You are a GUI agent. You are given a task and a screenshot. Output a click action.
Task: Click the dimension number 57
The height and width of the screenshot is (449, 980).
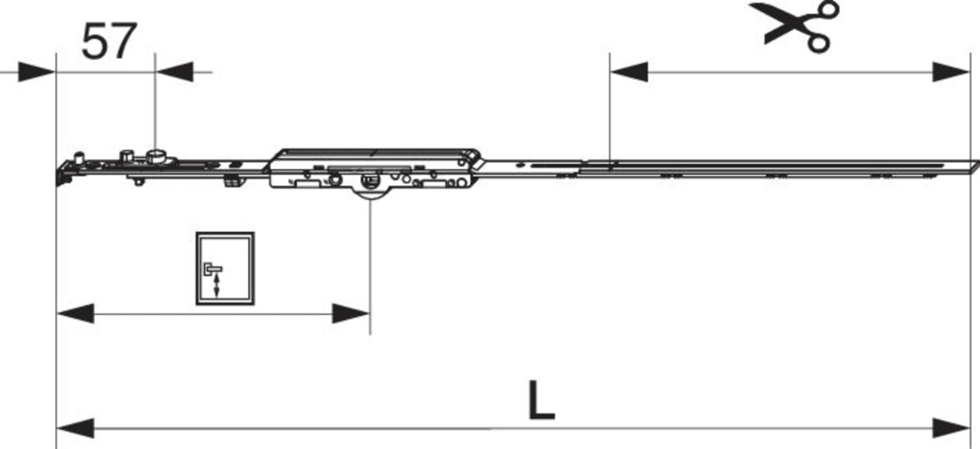coord(109,41)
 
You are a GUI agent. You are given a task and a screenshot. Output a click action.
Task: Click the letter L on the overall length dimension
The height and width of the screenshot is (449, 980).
coord(541,399)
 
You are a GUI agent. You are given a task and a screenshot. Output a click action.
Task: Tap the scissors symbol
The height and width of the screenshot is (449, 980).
coord(795,25)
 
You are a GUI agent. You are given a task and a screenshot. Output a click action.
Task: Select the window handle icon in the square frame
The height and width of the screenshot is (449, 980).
coord(225,268)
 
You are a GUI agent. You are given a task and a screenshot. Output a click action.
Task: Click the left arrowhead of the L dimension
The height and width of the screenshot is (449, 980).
coord(75,428)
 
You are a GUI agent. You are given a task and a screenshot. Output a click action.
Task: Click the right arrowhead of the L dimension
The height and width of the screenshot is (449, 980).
coord(951,428)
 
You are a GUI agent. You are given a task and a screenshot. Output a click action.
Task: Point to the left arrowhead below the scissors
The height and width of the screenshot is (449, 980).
coord(629,72)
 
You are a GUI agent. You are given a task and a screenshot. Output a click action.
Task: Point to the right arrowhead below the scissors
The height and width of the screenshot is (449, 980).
coord(951,72)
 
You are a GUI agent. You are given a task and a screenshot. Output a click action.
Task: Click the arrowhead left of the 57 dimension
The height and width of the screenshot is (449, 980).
coord(37,72)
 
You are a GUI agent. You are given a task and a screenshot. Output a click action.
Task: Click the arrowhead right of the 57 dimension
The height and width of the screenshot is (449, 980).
coord(174,72)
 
